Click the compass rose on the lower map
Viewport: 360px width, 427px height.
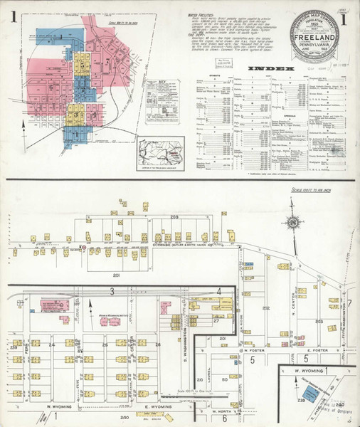292,223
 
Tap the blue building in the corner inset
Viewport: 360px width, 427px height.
313,391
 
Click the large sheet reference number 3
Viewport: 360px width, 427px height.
112,292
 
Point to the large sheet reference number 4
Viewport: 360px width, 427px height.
219,291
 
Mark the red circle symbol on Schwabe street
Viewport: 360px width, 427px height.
84,247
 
